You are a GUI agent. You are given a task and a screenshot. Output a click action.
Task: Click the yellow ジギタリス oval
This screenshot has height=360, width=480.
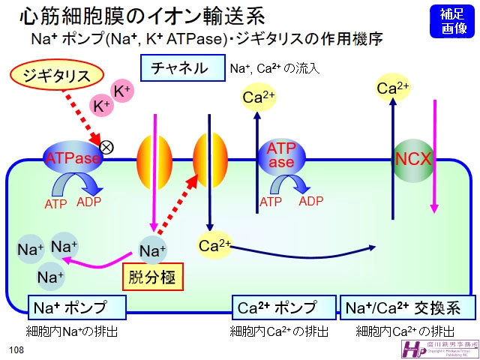58,76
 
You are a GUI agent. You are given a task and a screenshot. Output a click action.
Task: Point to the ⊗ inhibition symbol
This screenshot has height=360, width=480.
106,147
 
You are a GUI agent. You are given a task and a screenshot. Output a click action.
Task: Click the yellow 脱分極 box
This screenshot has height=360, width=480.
153,277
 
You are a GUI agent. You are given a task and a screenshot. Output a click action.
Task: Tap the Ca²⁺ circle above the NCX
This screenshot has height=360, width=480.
393,89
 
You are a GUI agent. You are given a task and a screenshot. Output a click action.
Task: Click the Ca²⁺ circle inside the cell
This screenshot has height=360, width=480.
214,244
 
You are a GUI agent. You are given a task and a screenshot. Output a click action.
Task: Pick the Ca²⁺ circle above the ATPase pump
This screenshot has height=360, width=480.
259,97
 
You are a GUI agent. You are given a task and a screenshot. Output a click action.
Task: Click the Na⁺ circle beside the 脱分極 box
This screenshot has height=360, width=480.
153,250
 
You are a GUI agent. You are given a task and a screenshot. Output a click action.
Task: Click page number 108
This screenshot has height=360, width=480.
16,350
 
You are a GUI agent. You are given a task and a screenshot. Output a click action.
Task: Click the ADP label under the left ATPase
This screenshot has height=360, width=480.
88,202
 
